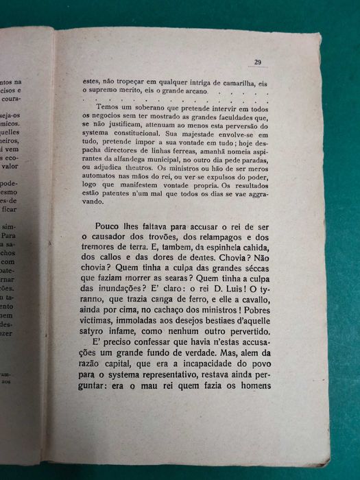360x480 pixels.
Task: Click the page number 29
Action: pos(259,62)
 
